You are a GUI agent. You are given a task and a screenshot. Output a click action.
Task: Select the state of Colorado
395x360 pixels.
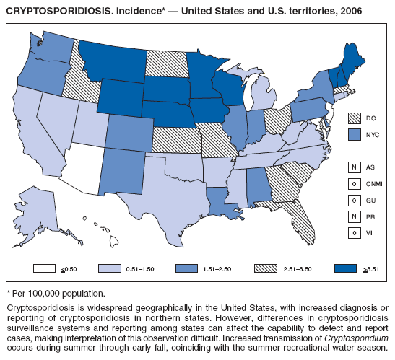tap(129, 133)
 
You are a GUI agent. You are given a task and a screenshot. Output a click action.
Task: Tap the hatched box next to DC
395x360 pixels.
tap(353, 118)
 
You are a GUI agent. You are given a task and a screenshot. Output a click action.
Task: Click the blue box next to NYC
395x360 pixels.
tap(353, 134)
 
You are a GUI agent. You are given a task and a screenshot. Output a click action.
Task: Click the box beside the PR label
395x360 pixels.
tap(353, 216)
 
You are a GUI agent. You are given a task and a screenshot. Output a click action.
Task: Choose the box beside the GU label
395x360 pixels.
tap(353, 200)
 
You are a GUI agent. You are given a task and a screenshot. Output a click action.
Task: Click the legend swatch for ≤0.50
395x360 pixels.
tap(45, 268)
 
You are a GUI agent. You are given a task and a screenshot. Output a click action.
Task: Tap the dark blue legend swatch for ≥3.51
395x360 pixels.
tap(346, 268)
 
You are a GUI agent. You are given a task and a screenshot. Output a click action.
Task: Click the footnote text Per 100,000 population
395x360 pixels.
tap(58, 294)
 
